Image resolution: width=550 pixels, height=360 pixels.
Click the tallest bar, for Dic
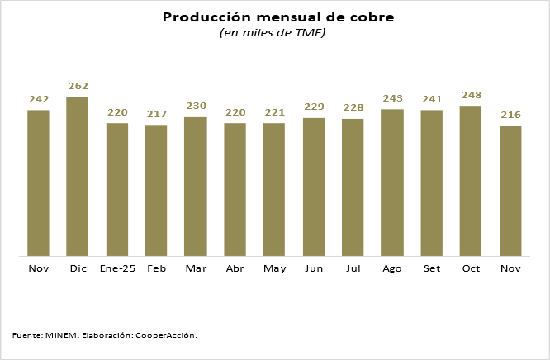(x=78, y=177)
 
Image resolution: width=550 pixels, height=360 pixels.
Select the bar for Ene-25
(x=117, y=189)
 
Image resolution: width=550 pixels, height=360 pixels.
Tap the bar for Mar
(x=196, y=187)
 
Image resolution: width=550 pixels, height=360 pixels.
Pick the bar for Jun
(x=314, y=187)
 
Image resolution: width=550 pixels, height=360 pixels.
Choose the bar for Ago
(x=392, y=182)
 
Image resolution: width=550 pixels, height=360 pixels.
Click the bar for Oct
(x=471, y=181)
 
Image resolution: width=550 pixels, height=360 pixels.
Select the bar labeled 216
(x=510, y=191)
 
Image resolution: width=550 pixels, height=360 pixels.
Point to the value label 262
(x=78, y=86)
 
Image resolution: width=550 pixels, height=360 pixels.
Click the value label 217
(x=156, y=114)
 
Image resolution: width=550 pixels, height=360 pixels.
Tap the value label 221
(x=274, y=112)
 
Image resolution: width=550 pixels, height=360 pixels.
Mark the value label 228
(x=353, y=107)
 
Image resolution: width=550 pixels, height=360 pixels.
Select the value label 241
(x=431, y=99)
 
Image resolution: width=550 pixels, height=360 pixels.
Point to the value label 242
(x=39, y=99)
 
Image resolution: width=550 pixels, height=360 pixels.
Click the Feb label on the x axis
(x=156, y=269)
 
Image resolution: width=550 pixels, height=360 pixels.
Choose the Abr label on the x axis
(x=235, y=269)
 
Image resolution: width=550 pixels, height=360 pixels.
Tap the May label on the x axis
(x=274, y=269)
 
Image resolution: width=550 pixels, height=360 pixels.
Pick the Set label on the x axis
(x=431, y=269)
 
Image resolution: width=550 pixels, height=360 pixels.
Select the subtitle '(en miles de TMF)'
(x=273, y=33)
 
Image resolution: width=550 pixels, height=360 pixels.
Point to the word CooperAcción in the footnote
(x=166, y=335)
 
